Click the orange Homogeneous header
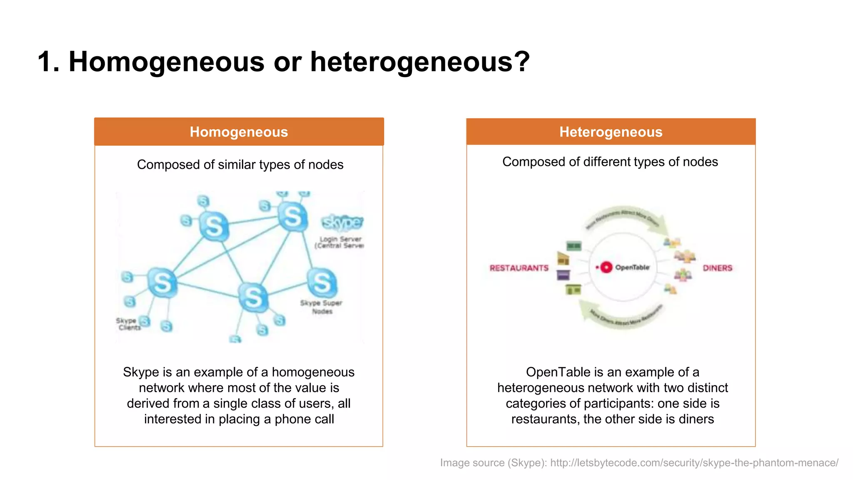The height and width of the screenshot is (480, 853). [x=239, y=132]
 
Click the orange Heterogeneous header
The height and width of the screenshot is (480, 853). [x=611, y=132]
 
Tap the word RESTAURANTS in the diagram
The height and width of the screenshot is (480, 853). [x=519, y=268]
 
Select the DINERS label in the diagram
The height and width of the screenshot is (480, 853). [x=717, y=268]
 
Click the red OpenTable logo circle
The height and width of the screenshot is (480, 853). [x=606, y=267]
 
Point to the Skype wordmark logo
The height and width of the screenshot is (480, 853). [x=342, y=222]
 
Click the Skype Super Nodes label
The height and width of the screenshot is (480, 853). [x=321, y=307]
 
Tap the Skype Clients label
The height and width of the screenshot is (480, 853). [x=128, y=324]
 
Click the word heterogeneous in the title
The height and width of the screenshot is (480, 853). [x=420, y=62]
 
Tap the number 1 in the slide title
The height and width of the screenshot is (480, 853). [x=45, y=62]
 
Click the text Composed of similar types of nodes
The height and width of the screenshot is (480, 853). [x=240, y=165]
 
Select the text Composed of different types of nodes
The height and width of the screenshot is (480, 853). [x=610, y=162]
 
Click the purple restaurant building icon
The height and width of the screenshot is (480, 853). [x=563, y=275]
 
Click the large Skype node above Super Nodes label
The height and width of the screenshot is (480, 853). [x=322, y=282]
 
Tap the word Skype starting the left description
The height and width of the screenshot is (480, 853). [x=141, y=372]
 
